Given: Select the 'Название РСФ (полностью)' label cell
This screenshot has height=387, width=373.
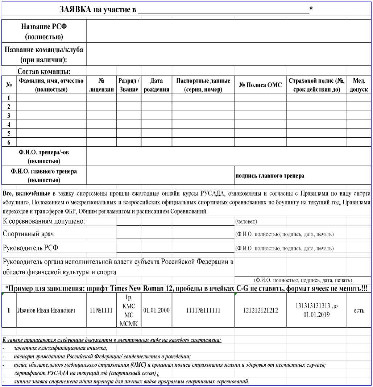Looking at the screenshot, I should click(x=44, y=32).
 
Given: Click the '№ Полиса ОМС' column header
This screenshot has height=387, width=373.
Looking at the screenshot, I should click(x=260, y=86).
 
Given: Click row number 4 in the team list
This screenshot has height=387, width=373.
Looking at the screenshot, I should click(x=9, y=124).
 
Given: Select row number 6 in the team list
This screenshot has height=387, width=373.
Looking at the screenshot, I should click(x=9, y=142).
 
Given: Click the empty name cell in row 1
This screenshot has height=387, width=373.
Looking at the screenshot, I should click(x=51, y=97).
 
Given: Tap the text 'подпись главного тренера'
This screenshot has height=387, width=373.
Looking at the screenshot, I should click(x=270, y=176).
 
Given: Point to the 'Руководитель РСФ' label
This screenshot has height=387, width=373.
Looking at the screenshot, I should click(x=30, y=248).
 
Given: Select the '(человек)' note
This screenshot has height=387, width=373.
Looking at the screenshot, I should click(x=246, y=221).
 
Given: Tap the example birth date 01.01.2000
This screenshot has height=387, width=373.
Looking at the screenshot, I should click(x=156, y=311).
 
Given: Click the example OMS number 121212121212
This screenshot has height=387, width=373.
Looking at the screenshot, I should click(x=260, y=311).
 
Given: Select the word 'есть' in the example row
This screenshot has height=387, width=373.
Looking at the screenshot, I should click(x=359, y=311).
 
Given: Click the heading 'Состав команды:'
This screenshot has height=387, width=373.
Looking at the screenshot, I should click(x=44, y=71).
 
